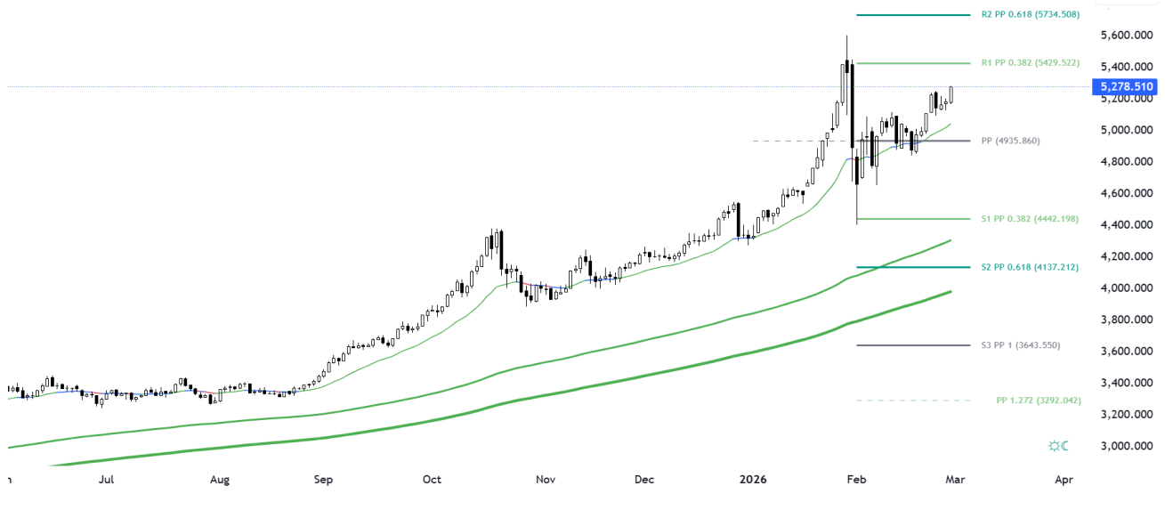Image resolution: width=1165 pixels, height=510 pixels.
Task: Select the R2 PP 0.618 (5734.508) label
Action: pos(1031,15)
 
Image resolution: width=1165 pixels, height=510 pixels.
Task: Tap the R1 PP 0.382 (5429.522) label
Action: pos(1030,63)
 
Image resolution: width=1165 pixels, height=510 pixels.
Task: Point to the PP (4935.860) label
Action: pos(1010,141)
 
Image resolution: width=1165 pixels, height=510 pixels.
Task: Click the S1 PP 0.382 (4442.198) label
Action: pos(1030,219)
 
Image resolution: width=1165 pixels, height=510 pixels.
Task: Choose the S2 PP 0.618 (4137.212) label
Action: pos(1030,267)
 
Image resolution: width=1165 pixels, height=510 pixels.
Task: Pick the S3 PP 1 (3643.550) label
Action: pos(1022,344)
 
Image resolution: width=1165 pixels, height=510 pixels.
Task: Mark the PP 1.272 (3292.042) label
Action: pos(1039,401)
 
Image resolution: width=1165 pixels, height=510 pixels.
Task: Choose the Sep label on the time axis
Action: pos(323,481)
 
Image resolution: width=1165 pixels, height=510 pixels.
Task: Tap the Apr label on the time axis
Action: pos(1064,481)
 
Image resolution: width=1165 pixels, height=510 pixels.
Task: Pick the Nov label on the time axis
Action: pos(546,481)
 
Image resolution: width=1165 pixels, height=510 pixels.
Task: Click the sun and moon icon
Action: pos(1058,445)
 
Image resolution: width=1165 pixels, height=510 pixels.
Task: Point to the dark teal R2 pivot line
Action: pos(912,15)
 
